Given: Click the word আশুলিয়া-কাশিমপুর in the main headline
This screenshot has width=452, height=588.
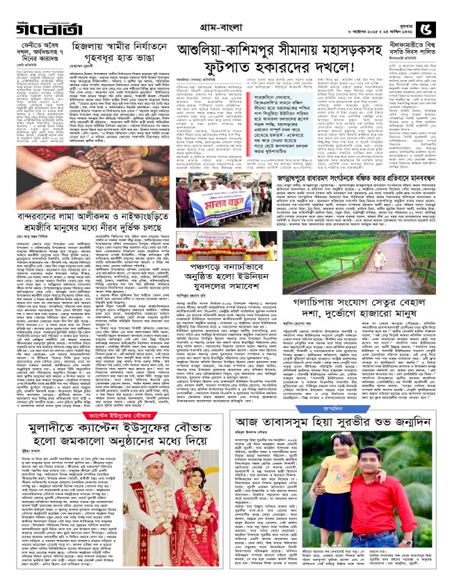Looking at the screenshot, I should pos(241,49).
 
